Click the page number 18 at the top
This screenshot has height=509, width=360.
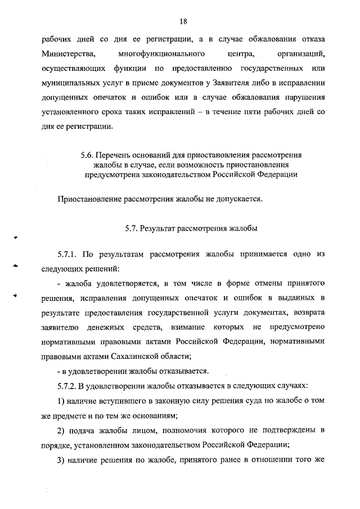[x=183, y=21]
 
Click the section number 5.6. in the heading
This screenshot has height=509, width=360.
[x=87, y=155]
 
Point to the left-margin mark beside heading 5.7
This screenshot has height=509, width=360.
[x=17, y=238]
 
